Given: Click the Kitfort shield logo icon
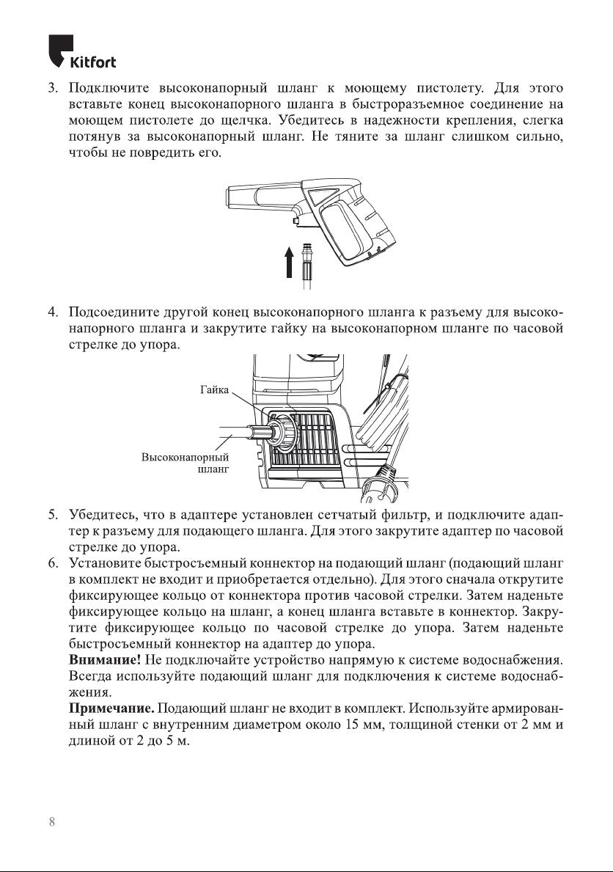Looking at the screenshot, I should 59,51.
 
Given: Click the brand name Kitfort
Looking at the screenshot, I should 92,62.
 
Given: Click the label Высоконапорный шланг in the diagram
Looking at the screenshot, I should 185,464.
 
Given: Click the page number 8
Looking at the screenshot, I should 51,821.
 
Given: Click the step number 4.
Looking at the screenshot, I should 53,314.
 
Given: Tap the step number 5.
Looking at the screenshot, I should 53,515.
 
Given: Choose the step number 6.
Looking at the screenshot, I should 53,563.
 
